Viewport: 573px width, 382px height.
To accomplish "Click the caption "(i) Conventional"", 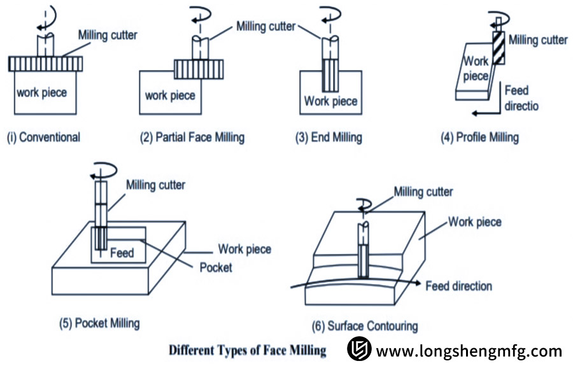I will tap(43, 137).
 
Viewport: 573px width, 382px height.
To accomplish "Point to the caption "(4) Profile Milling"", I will tap(480, 137).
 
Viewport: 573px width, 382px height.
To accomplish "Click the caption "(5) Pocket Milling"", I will tap(99, 323).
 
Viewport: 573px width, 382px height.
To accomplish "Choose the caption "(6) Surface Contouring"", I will tap(365, 326).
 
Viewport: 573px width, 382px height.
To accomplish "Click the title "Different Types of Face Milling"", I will tap(247, 350).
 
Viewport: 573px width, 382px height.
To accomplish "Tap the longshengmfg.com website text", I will tap(469, 351).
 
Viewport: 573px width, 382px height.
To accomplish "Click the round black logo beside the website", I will tap(359, 350).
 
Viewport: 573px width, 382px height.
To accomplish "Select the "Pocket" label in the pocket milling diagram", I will tap(215, 267).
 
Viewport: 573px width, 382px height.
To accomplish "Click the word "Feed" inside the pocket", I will tap(122, 253).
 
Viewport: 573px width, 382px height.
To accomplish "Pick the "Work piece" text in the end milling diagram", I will tap(330, 101).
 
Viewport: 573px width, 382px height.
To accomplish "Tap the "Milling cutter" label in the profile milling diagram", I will tap(538, 40).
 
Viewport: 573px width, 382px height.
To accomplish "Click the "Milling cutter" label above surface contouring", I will tap(423, 192).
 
